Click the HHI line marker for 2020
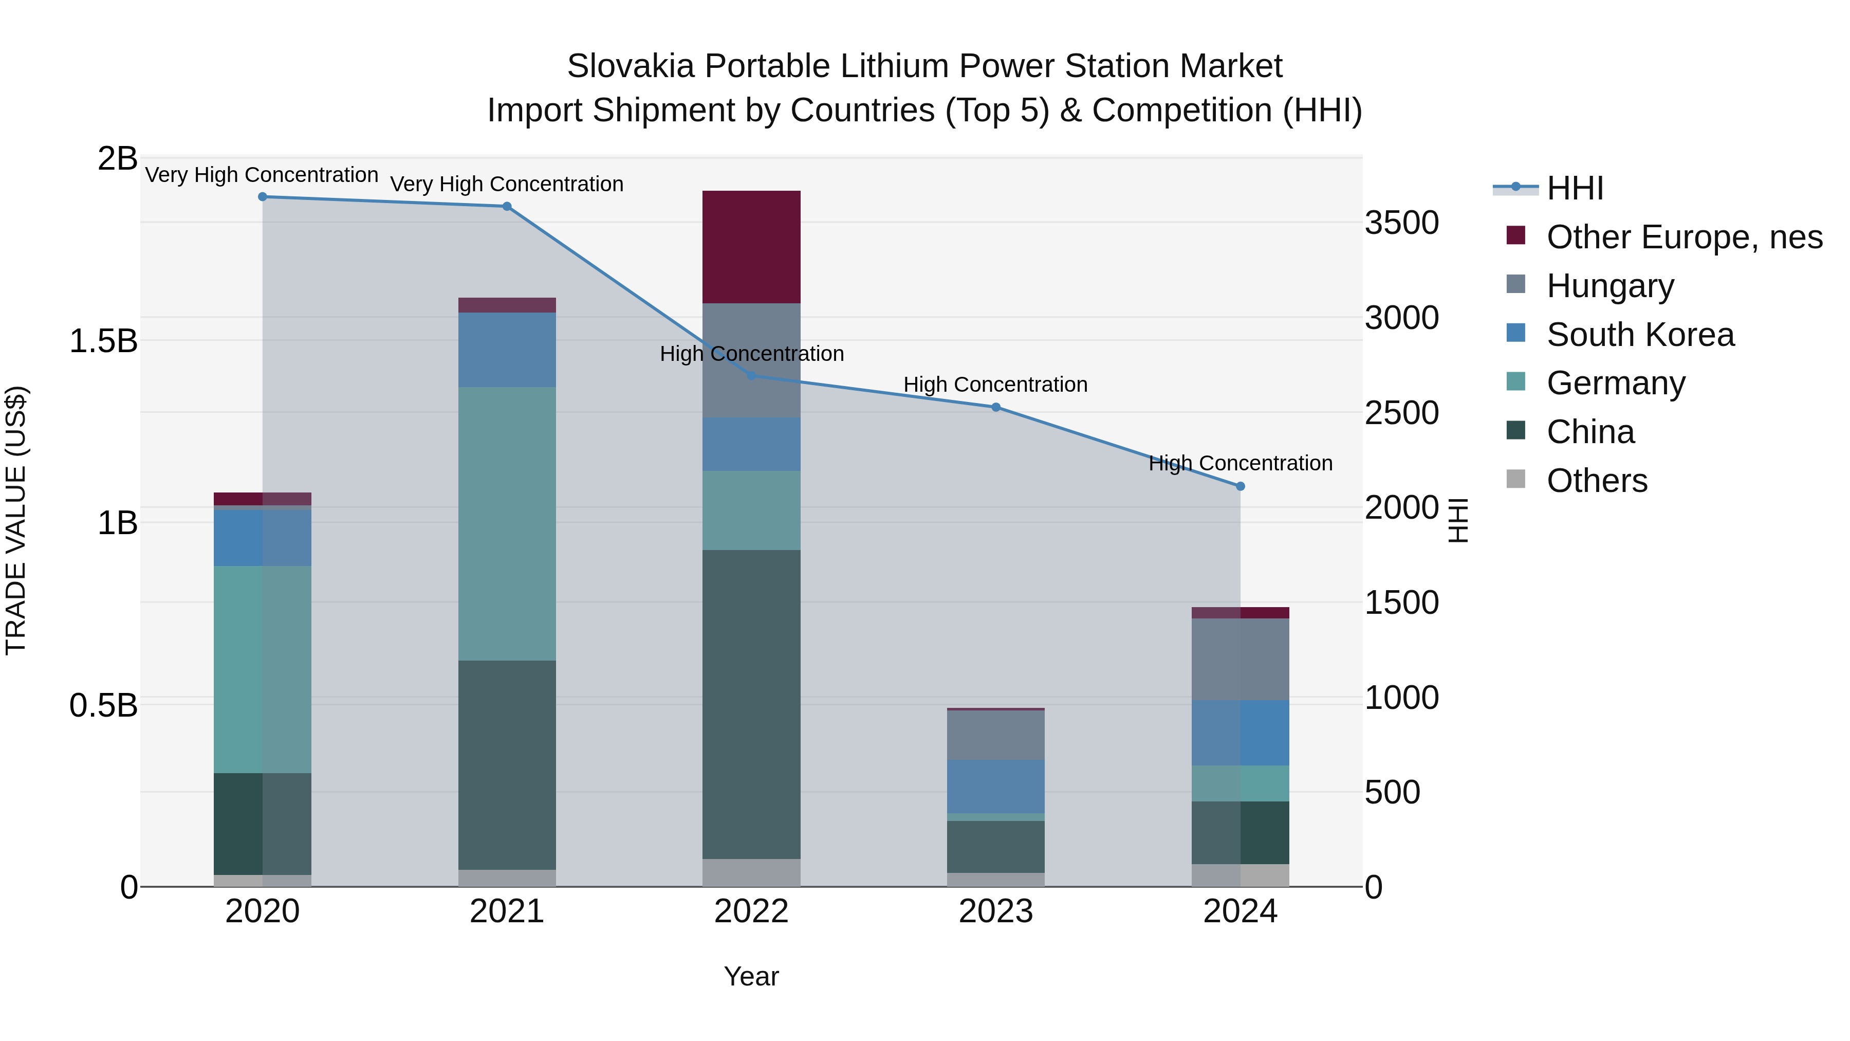pos(262,197)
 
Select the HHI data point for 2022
pos(751,376)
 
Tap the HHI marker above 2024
pos(1241,486)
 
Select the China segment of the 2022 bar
pos(751,704)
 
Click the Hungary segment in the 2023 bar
pos(995,735)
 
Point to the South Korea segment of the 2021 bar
pos(507,350)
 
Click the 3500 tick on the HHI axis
pos(1401,223)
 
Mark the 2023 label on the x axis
pos(995,911)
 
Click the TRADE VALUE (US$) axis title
pos(16,520)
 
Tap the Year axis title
pos(751,976)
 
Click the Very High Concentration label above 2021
pos(507,184)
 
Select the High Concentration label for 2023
pos(995,385)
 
